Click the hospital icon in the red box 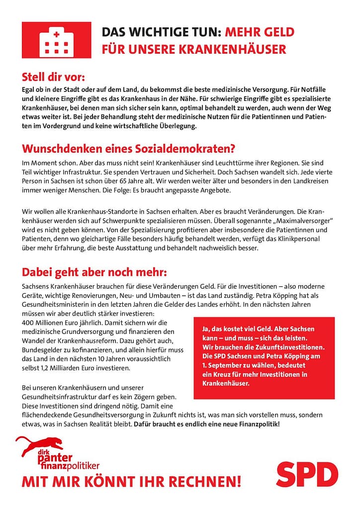tap(56, 40)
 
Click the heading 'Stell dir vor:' tap(54, 78)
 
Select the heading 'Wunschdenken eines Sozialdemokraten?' tap(128, 149)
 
